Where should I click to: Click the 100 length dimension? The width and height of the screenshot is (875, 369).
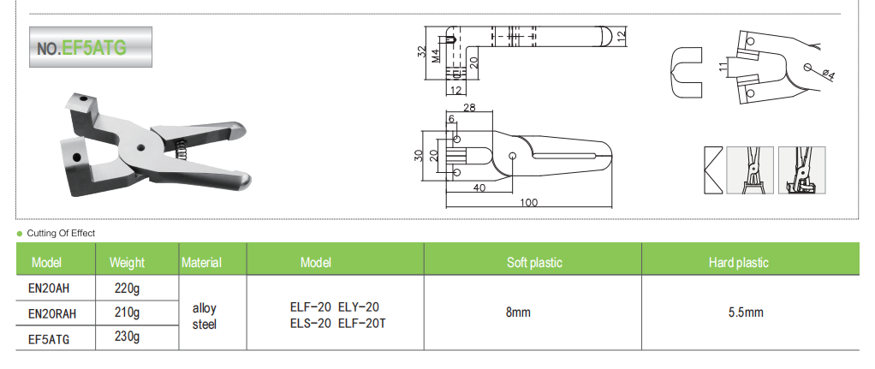point(528,202)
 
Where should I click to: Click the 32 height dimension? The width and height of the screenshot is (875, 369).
point(422,51)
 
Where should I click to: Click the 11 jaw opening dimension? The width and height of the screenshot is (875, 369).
point(723,66)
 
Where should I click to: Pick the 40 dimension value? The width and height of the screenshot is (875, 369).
point(479,187)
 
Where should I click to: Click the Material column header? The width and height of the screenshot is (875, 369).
point(202,263)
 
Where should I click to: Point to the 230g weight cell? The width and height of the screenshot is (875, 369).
point(127,337)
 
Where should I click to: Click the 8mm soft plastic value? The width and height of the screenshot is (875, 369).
point(518,312)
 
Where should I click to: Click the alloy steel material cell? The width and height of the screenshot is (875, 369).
point(205,314)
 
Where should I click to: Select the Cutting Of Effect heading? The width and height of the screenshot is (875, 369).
point(61,233)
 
